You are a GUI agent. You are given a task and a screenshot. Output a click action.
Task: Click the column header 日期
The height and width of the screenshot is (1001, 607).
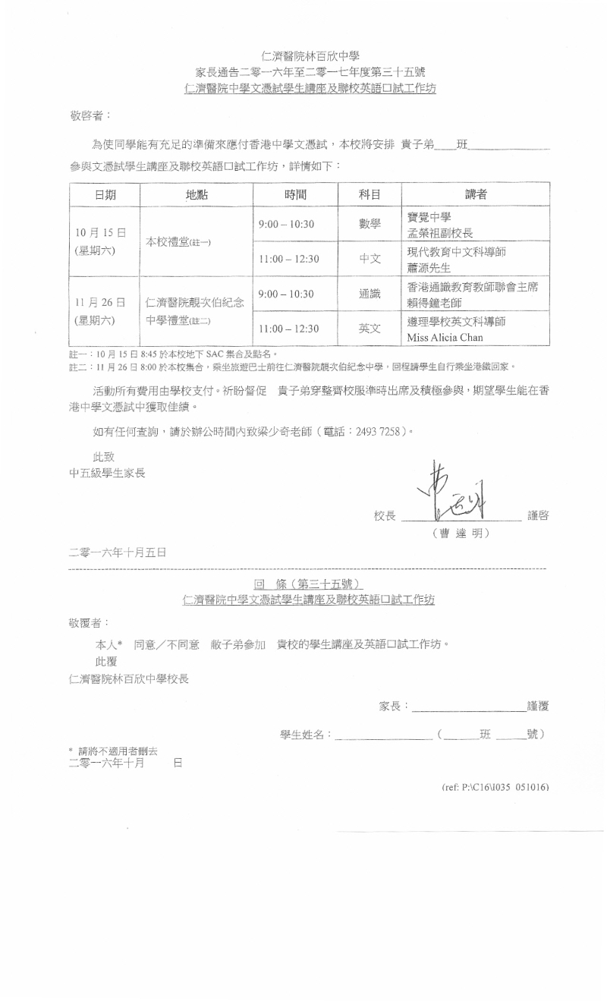(x=105, y=194)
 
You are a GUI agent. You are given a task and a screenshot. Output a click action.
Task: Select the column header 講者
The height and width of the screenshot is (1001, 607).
(x=476, y=194)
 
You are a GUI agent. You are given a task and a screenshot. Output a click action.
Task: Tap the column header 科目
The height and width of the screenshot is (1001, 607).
(x=370, y=194)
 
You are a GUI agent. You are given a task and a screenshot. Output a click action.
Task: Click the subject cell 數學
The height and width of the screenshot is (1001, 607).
(x=370, y=224)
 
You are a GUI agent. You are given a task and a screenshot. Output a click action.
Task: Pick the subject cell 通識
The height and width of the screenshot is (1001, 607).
(x=370, y=294)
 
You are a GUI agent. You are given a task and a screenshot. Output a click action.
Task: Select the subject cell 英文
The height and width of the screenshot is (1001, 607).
(x=370, y=329)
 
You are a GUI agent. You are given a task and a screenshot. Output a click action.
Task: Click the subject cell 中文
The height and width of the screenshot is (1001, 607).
(x=370, y=259)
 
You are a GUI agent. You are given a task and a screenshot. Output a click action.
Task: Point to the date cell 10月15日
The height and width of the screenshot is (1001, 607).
(x=100, y=231)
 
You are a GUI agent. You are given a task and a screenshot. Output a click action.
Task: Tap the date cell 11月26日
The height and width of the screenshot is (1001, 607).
(x=100, y=303)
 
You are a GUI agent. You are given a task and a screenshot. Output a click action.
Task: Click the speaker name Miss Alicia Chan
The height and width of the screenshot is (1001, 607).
(x=445, y=336)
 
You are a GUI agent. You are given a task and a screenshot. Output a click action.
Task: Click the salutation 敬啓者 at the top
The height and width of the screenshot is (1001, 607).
(x=90, y=116)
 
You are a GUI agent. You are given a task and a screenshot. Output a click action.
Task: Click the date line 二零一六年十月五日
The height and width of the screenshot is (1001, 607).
(x=118, y=552)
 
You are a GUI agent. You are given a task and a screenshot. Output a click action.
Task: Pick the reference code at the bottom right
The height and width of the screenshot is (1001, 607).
(x=495, y=787)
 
